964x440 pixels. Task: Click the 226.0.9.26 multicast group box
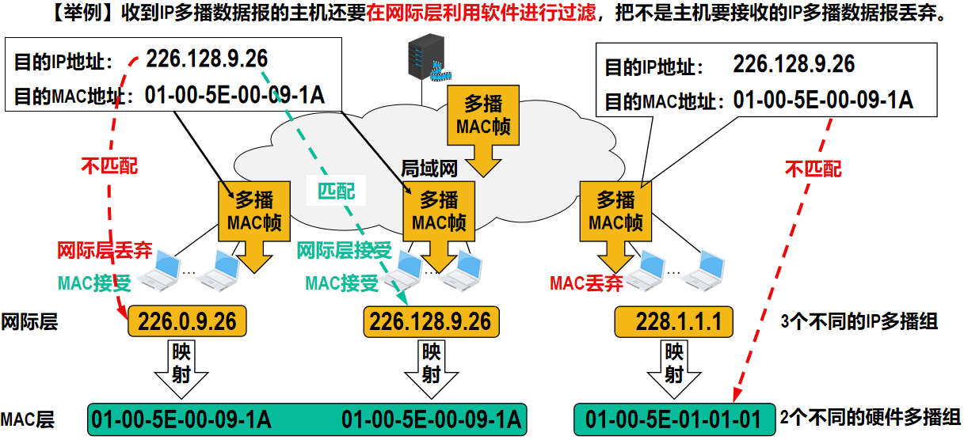[x=187, y=321]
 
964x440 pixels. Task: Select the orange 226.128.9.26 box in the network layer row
[x=430, y=321]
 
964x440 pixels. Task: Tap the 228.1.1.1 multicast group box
[x=673, y=321]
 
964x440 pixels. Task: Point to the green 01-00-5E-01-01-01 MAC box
[x=673, y=419]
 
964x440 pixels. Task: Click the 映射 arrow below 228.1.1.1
[x=673, y=364]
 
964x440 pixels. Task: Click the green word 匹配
[x=337, y=191]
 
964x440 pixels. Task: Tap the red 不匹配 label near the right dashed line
[x=813, y=169]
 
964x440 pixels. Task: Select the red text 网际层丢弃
[x=104, y=251]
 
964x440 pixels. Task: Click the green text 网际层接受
[x=345, y=251]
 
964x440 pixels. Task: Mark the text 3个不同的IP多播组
[x=859, y=321]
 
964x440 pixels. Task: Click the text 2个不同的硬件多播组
[x=871, y=418]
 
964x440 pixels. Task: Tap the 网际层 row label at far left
[x=29, y=321]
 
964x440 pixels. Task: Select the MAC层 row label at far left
[x=28, y=419]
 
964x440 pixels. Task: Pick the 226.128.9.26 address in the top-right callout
[x=793, y=64]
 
